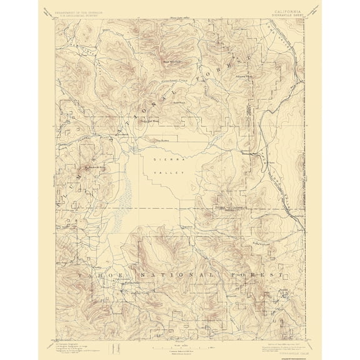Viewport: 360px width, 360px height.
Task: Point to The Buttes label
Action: point(162,140)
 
